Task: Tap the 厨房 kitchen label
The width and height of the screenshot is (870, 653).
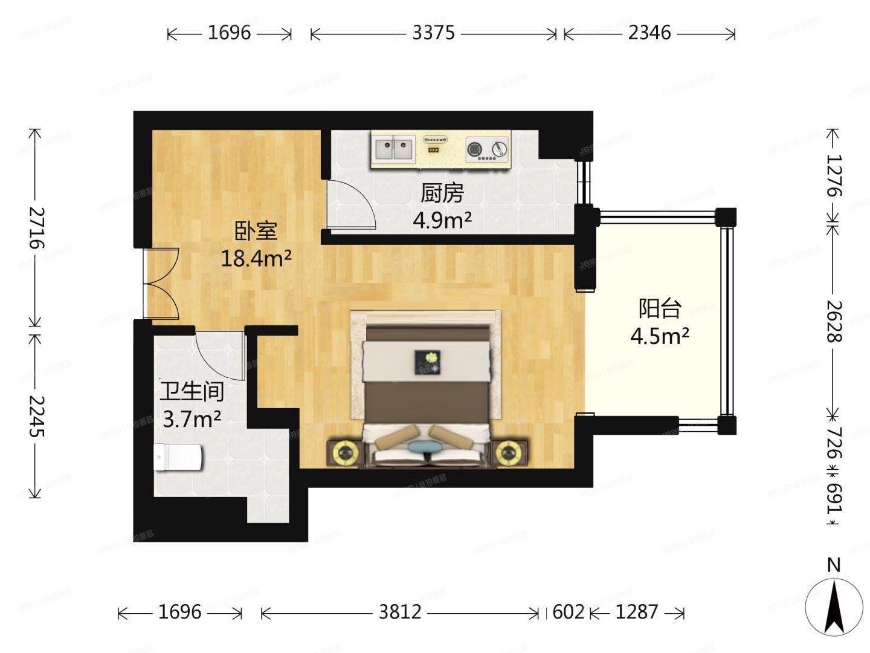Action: [x=442, y=193]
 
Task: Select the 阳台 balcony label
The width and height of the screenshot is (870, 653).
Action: [x=660, y=309]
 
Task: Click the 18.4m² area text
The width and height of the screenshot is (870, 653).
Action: [x=256, y=259]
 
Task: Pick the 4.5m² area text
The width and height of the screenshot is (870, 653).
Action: [x=660, y=336]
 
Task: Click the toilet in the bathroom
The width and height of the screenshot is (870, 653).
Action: [x=178, y=458]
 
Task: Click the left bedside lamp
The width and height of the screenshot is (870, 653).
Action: [x=345, y=452]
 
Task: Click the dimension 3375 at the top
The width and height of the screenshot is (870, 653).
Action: [x=433, y=33]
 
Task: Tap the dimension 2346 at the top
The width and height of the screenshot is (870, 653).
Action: [x=649, y=33]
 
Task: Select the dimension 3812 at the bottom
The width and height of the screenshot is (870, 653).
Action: [x=400, y=612]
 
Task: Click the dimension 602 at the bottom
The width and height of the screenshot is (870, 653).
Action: [x=569, y=612]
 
